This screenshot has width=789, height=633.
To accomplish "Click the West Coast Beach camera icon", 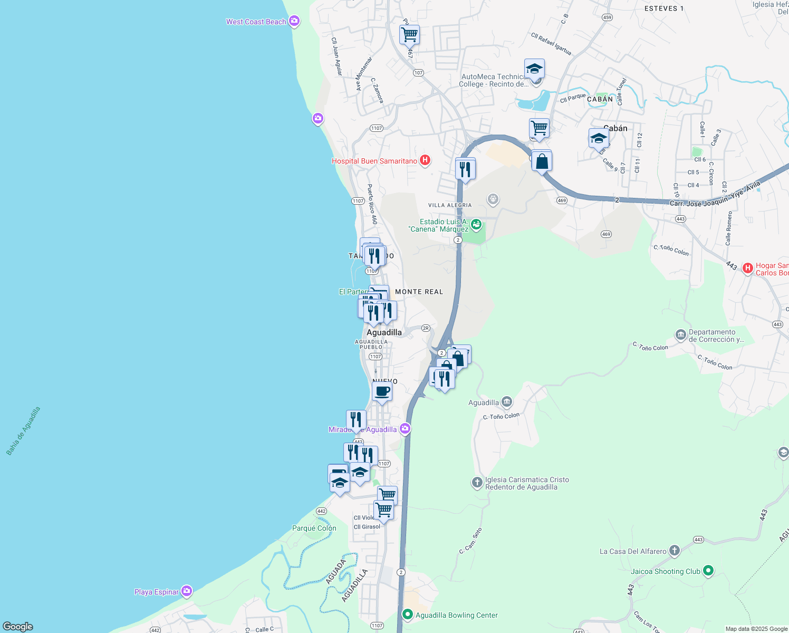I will point(294,22).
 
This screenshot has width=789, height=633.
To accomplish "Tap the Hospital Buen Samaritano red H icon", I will point(425,160).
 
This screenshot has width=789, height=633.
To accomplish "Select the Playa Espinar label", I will point(157,592).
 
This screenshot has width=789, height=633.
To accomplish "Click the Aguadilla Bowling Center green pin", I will point(407,615).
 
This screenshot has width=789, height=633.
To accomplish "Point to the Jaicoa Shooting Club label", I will point(666,571).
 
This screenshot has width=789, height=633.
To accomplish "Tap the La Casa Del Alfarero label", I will point(633,551).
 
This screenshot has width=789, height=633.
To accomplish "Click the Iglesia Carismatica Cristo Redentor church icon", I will point(477,482).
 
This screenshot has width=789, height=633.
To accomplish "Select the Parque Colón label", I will point(314,528).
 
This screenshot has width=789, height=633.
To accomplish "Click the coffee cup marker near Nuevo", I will point(382,391).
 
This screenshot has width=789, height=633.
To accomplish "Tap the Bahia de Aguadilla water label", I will point(23,431).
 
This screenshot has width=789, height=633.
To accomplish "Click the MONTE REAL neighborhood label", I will point(419,292).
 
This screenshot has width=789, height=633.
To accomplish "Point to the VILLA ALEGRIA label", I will point(450,205).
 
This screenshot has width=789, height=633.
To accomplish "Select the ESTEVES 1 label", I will point(664,8).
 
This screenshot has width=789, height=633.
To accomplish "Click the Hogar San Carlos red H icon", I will point(747,268).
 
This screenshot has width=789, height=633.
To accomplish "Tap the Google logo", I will point(18,626).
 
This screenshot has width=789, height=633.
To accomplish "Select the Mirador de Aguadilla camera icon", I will point(405,428).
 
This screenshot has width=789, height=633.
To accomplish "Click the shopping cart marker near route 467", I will point(409,35).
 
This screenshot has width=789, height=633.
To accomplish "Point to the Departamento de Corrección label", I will point(716,335).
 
